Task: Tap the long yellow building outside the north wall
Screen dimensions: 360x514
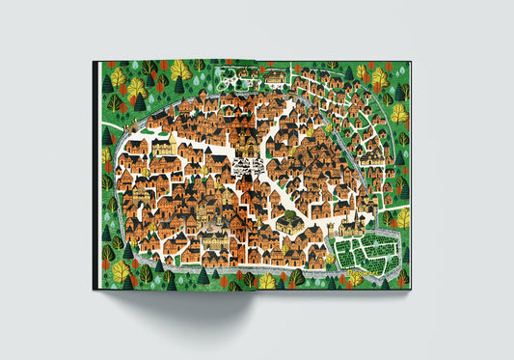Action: (x=276, y=76)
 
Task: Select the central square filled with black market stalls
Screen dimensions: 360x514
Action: (x=250, y=166)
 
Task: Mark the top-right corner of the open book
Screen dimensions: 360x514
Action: (x=410, y=62)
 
